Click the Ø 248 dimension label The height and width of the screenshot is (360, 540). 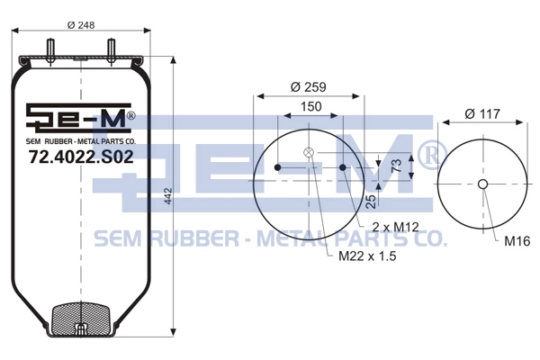(x=81, y=25)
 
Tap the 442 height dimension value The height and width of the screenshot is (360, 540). (x=167, y=195)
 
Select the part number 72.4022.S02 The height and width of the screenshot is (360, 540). (x=81, y=157)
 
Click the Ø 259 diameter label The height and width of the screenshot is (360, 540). (x=308, y=86)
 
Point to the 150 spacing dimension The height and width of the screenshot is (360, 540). (x=311, y=106)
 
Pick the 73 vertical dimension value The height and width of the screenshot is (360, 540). (x=396, y=166)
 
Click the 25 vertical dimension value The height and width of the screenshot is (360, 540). (x=371, y=202)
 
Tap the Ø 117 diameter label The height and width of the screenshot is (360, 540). (x=482, y=113)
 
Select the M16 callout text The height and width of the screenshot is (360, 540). (x=517, y=241)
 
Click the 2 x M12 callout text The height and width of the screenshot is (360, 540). (x=395, y=227)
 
